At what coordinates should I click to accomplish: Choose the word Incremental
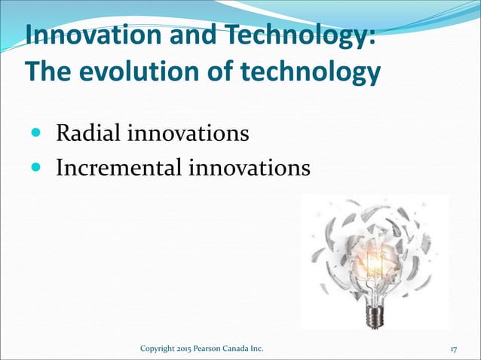coord(115,167)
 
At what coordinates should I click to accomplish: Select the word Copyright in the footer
coord(159,349)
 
